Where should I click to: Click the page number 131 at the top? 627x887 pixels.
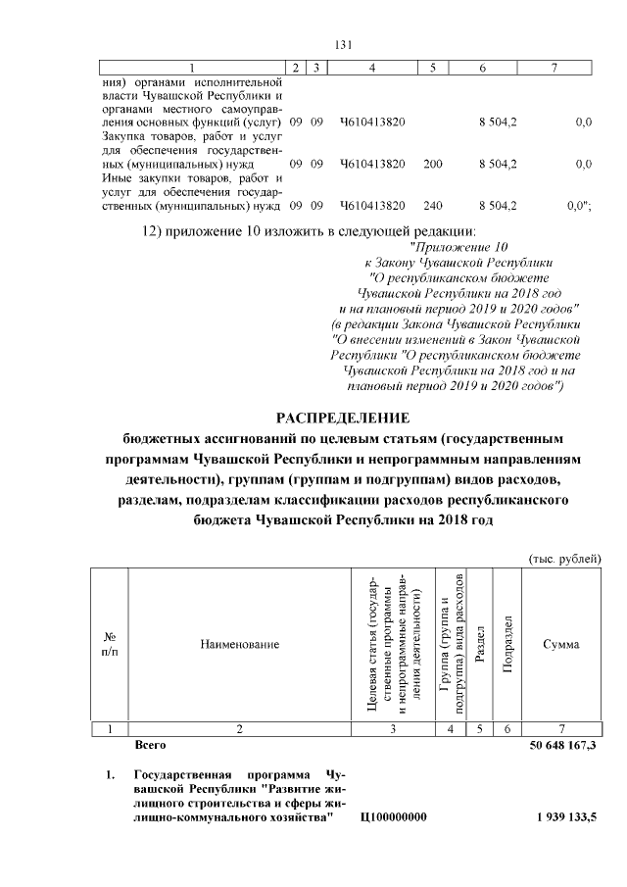(343, 44)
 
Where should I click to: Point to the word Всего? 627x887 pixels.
(150, 745)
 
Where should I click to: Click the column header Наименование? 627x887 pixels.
(240, 644)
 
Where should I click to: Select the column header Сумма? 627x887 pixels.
(560, 644)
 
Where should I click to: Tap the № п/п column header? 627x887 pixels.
(111, 644)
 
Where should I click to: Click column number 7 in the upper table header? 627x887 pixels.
(555, 67)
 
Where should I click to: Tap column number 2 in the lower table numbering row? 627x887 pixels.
(240, 728)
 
